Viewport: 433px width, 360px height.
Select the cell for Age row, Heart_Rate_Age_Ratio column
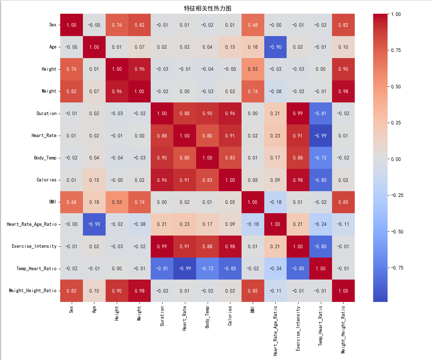(275, 47)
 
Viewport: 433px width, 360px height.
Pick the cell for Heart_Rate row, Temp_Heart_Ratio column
(321, 136)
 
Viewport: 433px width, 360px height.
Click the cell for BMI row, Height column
(116, 202)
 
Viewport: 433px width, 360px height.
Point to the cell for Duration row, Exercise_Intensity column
(298, 114)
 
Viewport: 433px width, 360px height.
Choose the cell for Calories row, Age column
(94, 180)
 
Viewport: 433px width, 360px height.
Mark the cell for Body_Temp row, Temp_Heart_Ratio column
(321, 158)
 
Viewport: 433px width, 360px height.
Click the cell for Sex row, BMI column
(252, 25)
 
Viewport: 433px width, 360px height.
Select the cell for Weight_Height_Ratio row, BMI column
(252, 291)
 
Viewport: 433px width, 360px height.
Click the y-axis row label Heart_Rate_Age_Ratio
(32, 224)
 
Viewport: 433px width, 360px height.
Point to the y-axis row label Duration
(47, 114)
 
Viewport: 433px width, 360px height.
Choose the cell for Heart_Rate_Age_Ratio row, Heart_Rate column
(185, 224)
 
